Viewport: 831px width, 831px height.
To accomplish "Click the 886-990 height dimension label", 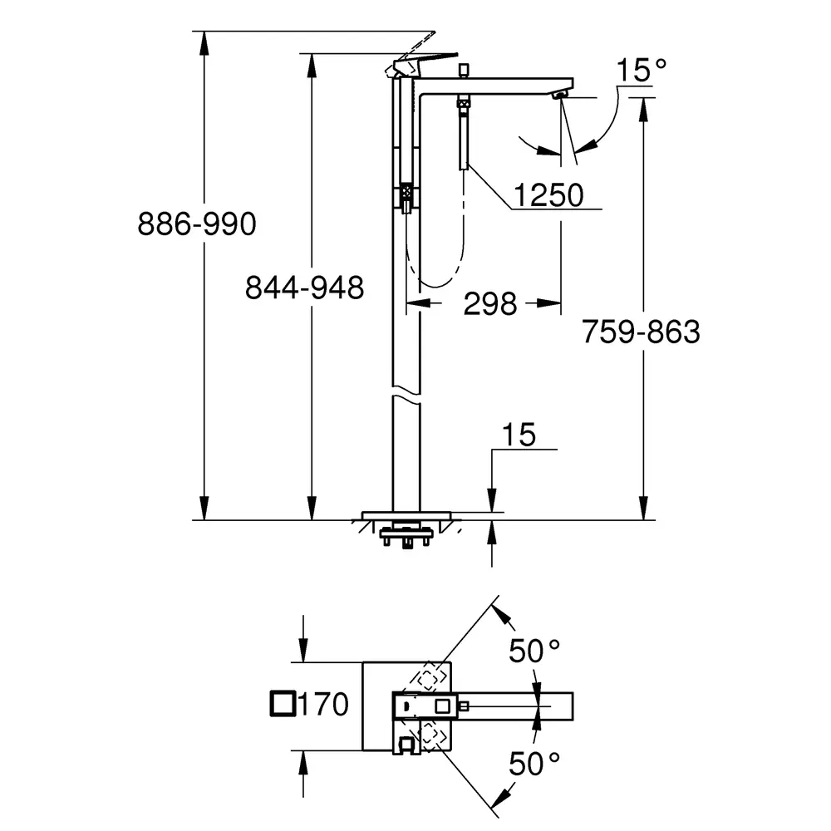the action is click(x=197, y=224).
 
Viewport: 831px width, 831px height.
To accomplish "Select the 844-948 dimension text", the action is click(x=304, y=288).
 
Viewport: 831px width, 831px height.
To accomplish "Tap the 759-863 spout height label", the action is click(x=641, y=332).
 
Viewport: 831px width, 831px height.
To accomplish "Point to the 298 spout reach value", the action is click(x=489, y=303).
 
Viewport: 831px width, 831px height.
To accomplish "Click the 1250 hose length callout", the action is click(x=549, y=195).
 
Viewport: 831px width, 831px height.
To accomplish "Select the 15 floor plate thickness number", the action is click(x=519, y=435).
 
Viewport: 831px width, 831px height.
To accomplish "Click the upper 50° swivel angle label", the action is click(x=534, y=651).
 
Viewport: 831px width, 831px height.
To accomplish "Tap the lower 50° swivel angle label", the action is click(x=534, y=764).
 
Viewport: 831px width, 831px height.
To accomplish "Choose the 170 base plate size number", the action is click(x=322, y=704).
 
